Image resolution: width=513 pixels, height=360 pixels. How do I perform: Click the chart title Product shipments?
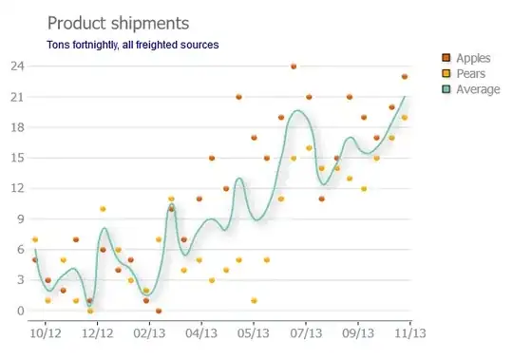coord(118,23)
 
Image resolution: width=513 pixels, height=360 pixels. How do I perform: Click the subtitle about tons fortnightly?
coord(132,45)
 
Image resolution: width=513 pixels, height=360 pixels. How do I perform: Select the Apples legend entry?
coord(465,58)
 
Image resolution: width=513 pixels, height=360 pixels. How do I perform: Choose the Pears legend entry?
coord(464,73)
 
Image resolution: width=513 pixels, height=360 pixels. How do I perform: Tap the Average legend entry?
coord(471,89)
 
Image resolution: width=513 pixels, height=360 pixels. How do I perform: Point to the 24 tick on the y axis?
coord(17,66)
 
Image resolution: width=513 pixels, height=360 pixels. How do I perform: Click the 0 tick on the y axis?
coord(21,311)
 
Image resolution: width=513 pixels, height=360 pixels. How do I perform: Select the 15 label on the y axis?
coord(17,158)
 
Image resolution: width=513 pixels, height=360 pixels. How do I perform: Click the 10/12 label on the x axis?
coord(46,333)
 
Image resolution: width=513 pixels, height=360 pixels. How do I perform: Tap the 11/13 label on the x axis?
coord(410,333)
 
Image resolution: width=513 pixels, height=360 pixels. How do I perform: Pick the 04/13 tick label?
coord(201,333)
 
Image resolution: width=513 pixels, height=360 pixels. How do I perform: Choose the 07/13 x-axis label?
coord(306,333)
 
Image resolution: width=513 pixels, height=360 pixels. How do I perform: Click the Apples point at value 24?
coord(294,66)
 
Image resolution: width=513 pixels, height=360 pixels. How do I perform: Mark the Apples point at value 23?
coord(405,77)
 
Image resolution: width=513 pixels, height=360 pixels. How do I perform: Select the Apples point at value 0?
coord(159,311)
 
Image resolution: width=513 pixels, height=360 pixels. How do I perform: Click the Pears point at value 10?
coord(103,209)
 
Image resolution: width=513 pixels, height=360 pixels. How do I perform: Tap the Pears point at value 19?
coord(405,118)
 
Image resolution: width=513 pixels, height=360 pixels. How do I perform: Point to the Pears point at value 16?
coord(309,148)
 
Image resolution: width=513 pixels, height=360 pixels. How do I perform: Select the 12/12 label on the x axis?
coord(98,333)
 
